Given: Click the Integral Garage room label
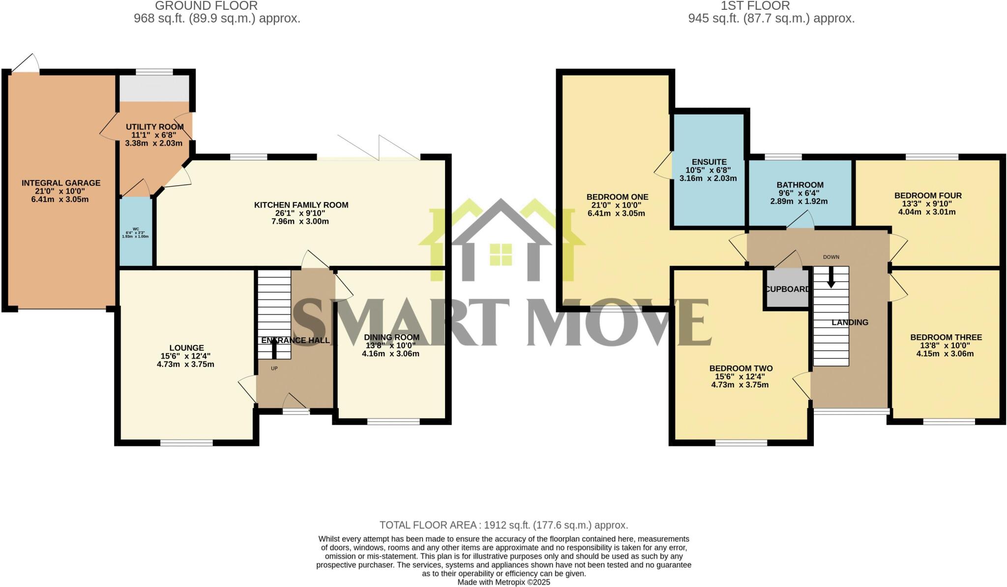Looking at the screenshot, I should click(x=61, y=183).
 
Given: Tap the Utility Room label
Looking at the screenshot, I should click(x=154, y=127).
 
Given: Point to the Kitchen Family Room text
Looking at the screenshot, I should click(x=301, y=205).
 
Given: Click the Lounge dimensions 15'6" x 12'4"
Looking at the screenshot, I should click(x=185, y=356).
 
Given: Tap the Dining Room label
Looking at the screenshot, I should click(x=391, y=337).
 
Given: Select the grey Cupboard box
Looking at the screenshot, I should click(x=787, y=289).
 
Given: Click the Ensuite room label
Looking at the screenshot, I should click(x=709, y=162).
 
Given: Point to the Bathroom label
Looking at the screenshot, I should click(x=800, y=185).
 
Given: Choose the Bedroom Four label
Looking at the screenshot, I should click(x=927, y=195).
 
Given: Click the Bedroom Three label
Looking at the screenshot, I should click(x=946, y=337).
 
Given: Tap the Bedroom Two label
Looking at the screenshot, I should click(x=740, y=368).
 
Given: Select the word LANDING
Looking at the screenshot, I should click(x=850, y=323).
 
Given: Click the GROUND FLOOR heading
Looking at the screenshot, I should click(x=206, y=6).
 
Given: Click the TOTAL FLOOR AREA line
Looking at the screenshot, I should click(x=503, y=525).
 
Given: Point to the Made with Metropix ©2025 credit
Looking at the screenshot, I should click(x=503, y=582).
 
